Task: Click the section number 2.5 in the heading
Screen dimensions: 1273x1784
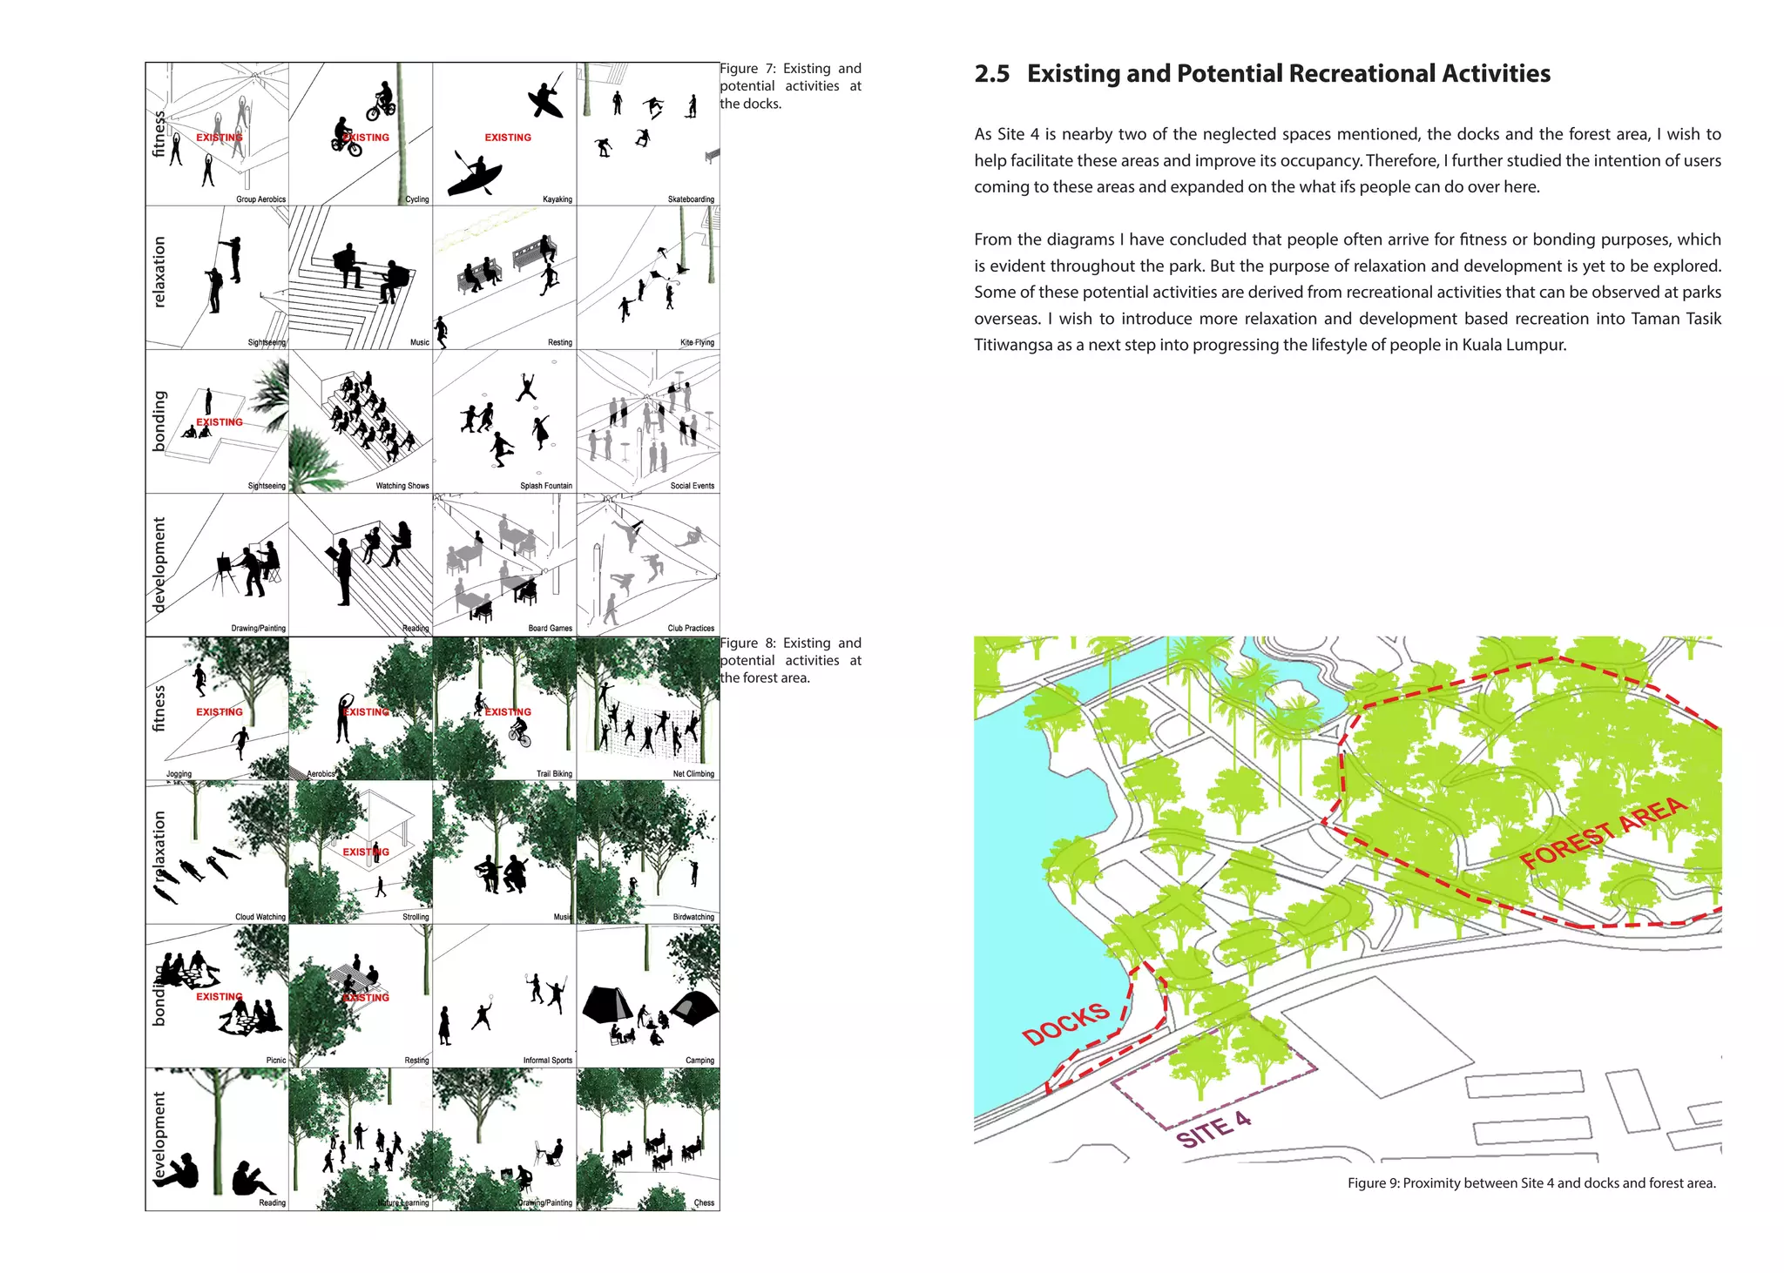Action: (x=991, y=74)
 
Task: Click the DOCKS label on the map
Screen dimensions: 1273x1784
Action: (x=1065, y=1024)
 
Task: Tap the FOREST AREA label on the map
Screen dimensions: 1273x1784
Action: (x=1603, y=833)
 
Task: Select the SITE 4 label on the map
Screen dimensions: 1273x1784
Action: (x=1213, y=1130)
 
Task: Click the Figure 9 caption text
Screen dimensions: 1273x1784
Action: (x=1531, y=1182)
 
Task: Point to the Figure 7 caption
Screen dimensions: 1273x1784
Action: (x=790, y=85)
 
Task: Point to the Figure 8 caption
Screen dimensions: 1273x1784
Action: (x=790, y=660)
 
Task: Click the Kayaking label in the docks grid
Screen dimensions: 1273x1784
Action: (x=557, y=199)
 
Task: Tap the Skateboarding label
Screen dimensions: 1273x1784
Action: (x=691, y=199)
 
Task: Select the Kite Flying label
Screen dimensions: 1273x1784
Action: (x=697, y=342)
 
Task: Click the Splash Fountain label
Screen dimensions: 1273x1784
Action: (x=546, y=486)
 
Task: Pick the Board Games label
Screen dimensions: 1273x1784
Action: (x=550, y=628)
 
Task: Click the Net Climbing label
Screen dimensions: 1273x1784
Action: (x=693, y=773)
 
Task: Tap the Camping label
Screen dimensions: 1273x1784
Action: (x=699, y=1061)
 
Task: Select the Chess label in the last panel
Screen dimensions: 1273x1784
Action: (x=704, y=1203)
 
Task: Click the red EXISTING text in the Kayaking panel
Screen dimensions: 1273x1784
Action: (x=508, y=138)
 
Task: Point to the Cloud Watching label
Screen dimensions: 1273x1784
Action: (x=260, y=917)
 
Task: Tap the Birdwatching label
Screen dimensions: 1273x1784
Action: (x=693, y=917)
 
